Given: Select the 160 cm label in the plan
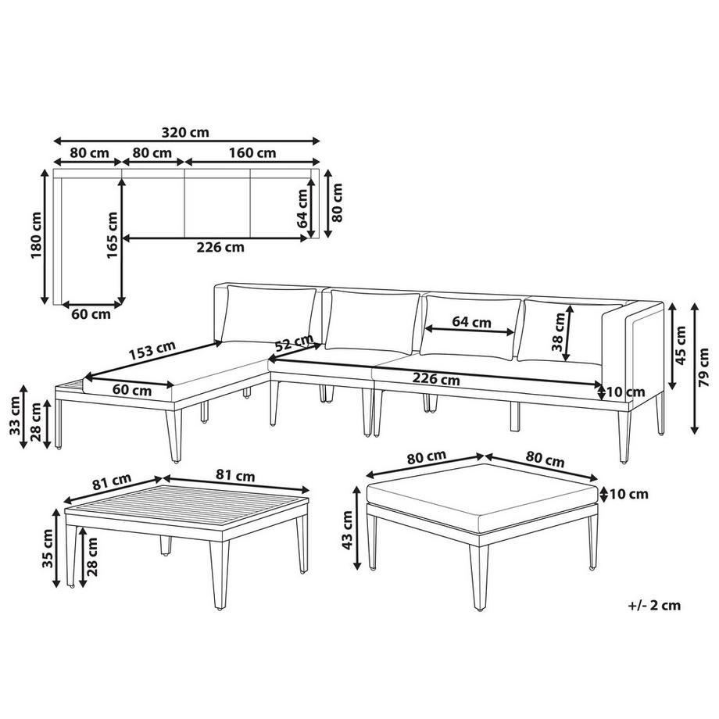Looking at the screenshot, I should point(252,152).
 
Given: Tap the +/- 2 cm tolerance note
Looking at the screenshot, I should point(654,604).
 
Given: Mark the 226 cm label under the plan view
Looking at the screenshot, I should point(219,248).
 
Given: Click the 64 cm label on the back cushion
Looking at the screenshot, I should point(471,322).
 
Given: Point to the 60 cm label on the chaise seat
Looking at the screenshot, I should point(131,389).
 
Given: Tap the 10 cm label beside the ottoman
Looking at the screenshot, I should point(628,493).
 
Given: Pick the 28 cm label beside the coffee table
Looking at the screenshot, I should point(94,556).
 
